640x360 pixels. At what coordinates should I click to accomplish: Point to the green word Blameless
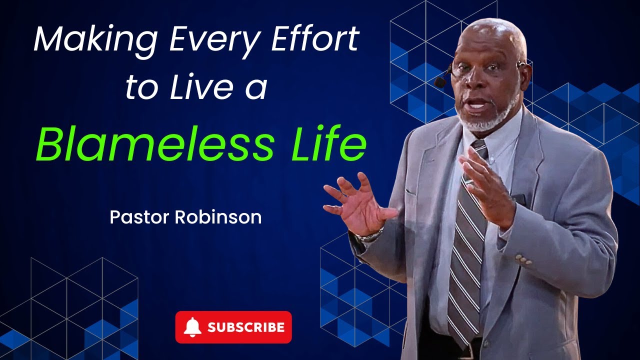154,144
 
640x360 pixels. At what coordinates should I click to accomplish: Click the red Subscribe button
233,327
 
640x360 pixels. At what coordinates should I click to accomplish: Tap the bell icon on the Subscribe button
192,327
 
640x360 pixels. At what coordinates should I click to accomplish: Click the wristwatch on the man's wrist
370,235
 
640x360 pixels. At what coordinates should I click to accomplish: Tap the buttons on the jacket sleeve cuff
523,259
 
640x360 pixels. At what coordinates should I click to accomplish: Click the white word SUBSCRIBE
246,327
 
